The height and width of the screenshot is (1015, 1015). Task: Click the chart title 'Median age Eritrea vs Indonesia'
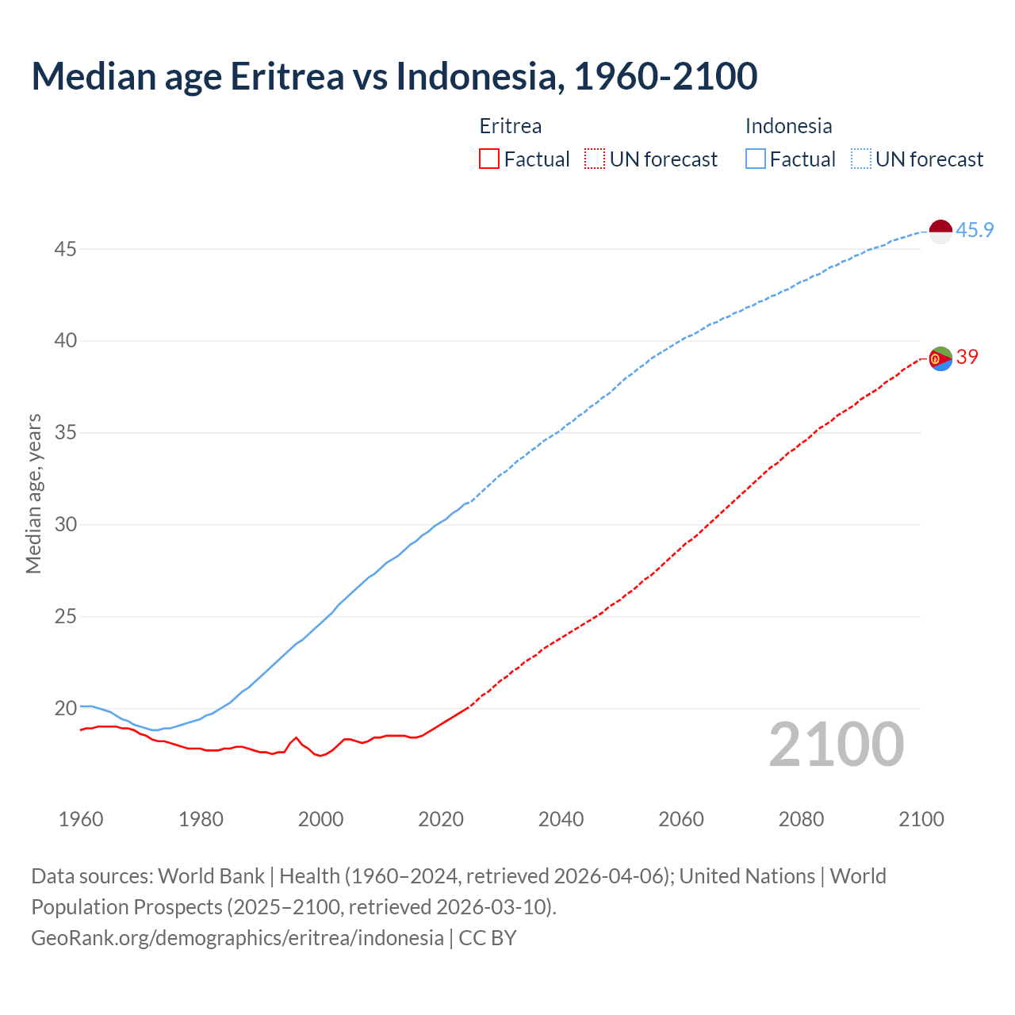(x=394, y=76)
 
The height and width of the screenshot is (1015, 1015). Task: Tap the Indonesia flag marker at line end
(x=940, y=232)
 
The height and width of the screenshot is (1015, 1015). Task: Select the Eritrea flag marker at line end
(x=940, y=358)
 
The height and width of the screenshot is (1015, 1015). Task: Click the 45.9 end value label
(x=975, y=230)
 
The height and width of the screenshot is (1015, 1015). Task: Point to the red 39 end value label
(x=967, y=357)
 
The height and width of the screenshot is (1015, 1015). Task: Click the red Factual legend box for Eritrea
(x=489, y=159)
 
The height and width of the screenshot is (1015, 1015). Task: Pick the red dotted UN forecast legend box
(x=595, y=159)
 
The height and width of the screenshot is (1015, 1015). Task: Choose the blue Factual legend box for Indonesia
(x=756, y=159)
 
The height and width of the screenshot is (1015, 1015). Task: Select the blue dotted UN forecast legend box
(x=860, y=159)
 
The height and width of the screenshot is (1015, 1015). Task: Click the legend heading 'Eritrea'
(x=511, y=126)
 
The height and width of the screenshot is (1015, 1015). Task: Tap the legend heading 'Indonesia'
(x=788, y=126)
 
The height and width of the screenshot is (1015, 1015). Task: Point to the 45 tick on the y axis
(x=65, y=249)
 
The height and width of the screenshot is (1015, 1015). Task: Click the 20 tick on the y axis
(x=65, y=708)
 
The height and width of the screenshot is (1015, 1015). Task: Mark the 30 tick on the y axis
(x=65, y=524)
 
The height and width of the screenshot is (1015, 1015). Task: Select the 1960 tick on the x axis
(x=81, y=818)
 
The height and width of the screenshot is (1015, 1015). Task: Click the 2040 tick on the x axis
(x=561, y=818)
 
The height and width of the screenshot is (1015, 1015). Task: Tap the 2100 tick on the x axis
(x=921, y=818)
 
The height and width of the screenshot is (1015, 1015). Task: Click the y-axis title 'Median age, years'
(x=33, y=493)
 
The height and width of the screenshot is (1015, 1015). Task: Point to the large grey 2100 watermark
(x=836, y=744)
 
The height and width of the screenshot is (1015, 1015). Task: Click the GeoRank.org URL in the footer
(x=237, y=937)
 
